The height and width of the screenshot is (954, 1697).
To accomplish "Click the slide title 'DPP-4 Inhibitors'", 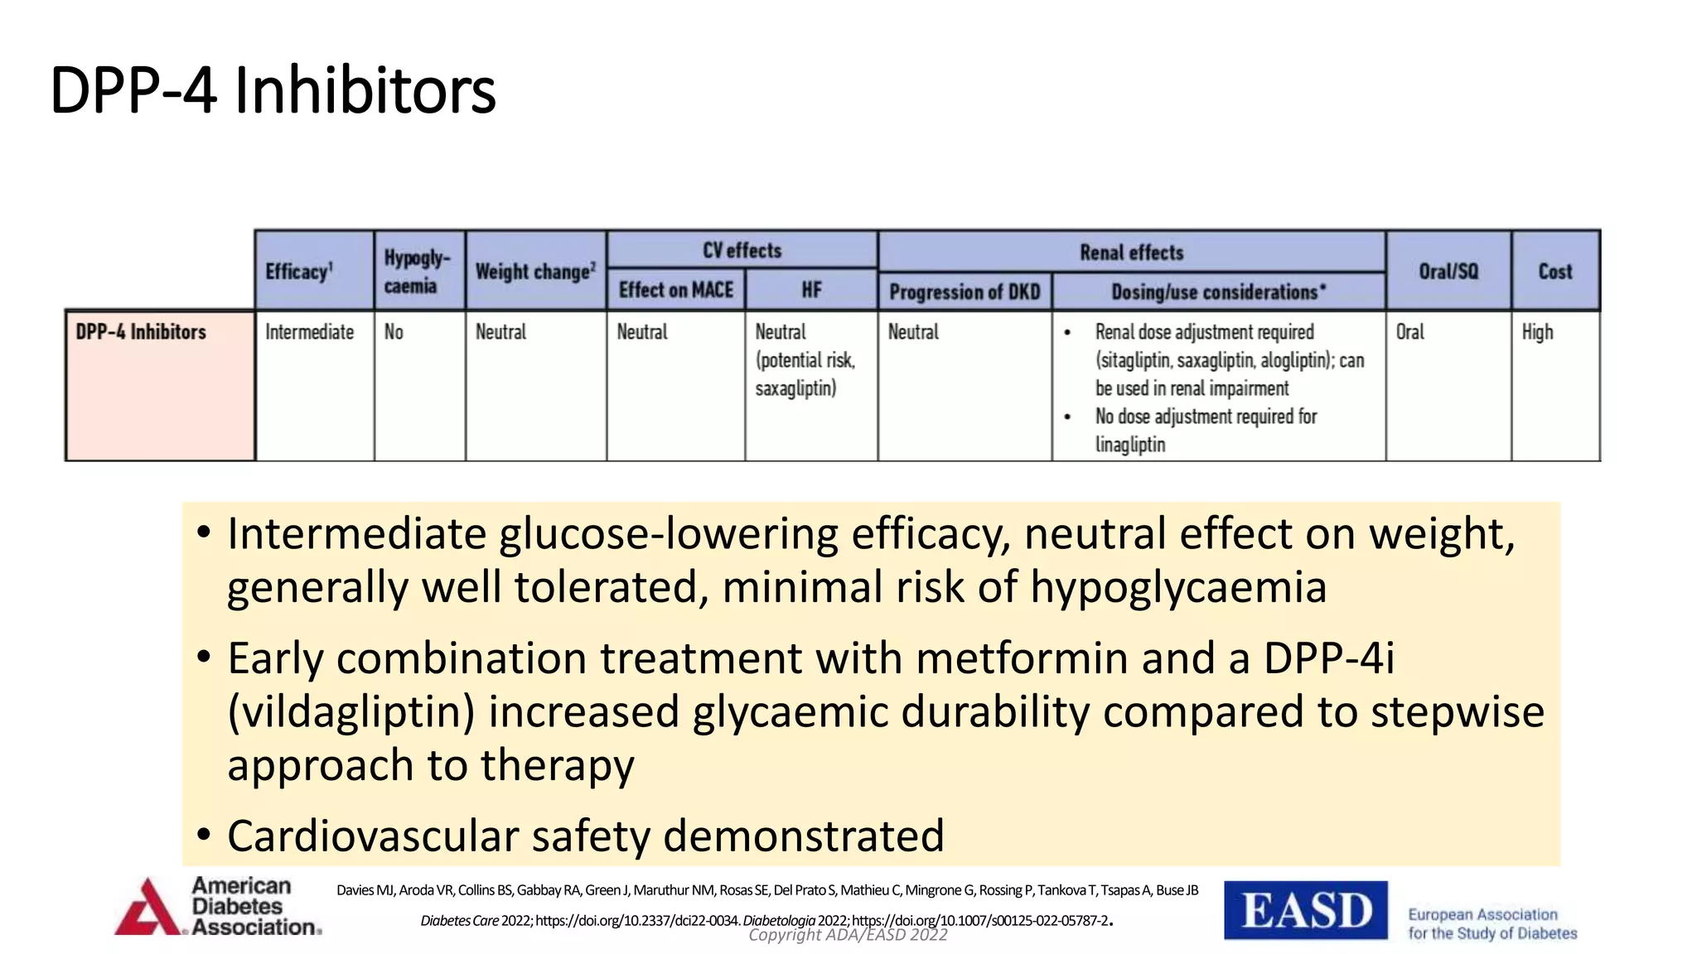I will (273, 89).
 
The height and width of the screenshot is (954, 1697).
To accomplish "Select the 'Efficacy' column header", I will (299, 272).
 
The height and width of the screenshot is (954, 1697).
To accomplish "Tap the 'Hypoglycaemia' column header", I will (417, 272).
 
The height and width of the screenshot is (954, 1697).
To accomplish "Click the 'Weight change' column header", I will (535, 272).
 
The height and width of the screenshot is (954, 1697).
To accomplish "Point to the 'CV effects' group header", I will (742, 250).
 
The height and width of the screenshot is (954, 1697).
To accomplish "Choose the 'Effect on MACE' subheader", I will (676, 290).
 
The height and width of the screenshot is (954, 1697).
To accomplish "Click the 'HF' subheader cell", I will (811, 290).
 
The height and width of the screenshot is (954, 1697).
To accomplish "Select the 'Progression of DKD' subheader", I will (965, 291).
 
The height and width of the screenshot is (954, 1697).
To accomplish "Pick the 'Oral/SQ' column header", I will (1448, 272).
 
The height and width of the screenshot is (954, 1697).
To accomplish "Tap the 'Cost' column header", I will (1554, 272).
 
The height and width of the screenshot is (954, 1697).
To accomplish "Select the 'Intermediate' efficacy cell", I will (309, 332).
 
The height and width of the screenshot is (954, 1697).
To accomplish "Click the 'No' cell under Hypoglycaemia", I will (394, 332).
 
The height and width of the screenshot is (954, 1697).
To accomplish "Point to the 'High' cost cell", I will (1537, 332).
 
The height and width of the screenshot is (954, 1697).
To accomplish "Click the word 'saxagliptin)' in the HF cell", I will (795, 388).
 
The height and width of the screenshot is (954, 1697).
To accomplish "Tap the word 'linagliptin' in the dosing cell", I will (1129, 445).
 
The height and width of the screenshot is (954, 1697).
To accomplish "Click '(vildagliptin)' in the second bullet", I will (351, 712).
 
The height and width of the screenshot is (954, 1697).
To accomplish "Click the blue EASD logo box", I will (1305, 910).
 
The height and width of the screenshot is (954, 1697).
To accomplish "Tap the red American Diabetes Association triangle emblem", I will (147, 909).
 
